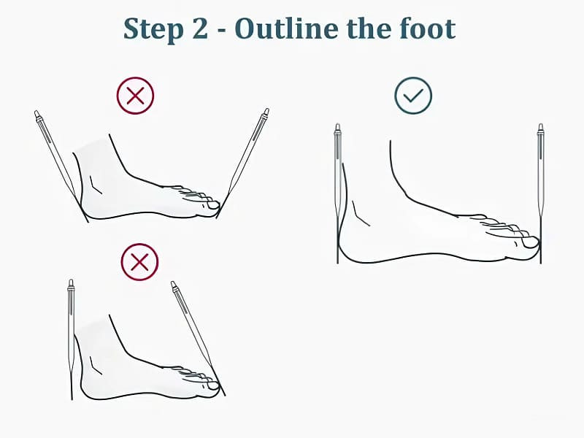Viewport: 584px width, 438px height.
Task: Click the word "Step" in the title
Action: [x=153, y=29]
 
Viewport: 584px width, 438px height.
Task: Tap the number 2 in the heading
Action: [x=200, y=28]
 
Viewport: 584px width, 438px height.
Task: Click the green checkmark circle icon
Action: [x=413, y=96]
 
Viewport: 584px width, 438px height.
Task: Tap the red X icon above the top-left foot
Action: [x=135, y=96]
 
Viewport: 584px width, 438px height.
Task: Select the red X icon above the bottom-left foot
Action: [x=139, y=262]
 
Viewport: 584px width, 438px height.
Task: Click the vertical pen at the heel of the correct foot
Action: [x=338, y=193]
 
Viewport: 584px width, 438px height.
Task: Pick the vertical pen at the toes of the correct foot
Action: [x=540, y=193]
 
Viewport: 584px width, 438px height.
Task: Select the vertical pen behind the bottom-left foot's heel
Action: [x=71, y=339]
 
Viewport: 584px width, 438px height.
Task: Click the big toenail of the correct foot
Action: [x=530, y=242]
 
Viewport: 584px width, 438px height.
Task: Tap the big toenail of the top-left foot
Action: [x=213, y=205]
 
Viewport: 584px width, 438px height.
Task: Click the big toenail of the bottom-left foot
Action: [x=213, y=386]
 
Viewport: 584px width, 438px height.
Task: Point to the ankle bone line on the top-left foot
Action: [x=96, y=185]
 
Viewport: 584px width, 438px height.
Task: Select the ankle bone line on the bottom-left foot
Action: [x=96, y=366]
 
